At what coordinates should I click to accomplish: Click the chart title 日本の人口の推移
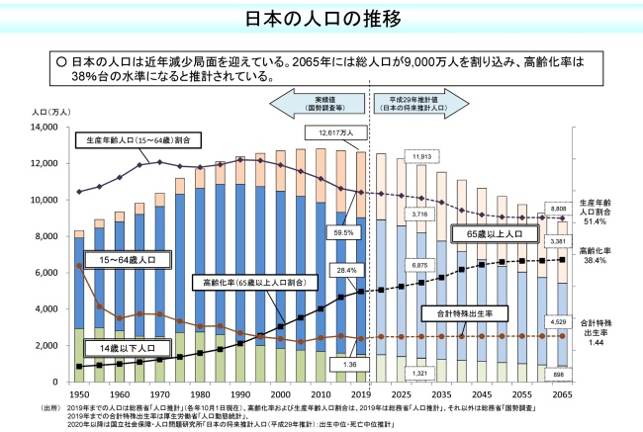coord(321,19)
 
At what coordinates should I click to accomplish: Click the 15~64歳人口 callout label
coord(115,260)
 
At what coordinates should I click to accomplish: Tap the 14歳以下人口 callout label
coord(113,349)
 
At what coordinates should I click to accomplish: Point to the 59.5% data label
coord(344,232)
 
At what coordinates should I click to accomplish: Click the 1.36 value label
coord(349,364)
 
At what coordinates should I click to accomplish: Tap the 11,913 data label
coord(421,157)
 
